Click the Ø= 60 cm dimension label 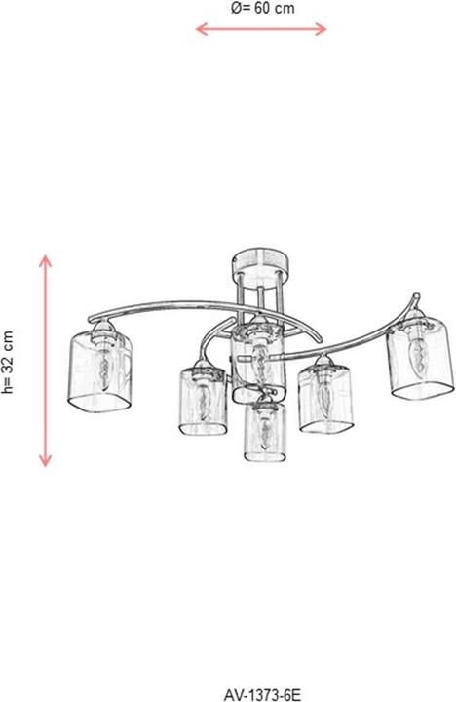coord(263,8)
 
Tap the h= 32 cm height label coord(8,362)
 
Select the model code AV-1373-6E coord(262,695)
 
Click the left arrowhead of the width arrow coord(201,29)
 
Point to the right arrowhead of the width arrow coord(322,29)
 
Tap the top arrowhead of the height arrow coord(45,260)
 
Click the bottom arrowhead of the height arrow coord(45,460)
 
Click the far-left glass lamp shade coord(100,371)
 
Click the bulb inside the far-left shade coord(104,368)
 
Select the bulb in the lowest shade coord(265,433)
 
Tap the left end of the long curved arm coord(91,319)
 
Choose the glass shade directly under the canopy coord(258,363)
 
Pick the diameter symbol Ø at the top coord(237,8)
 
